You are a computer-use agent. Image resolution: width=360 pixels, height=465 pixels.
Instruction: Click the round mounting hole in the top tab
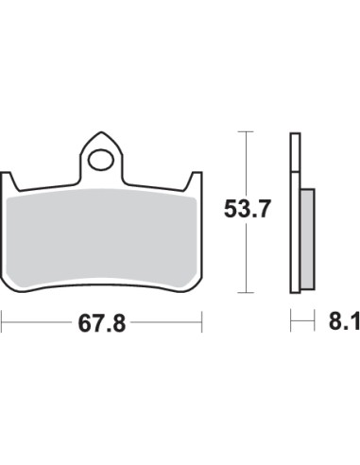point(100,160)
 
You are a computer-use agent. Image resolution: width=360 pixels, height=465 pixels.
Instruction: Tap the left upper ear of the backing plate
point(10,180)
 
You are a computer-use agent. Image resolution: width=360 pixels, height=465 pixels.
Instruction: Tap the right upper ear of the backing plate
point(196,180)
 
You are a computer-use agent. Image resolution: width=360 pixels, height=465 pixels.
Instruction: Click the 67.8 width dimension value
point(102,324)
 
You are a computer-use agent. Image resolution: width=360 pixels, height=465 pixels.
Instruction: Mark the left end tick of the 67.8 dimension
point(2,324)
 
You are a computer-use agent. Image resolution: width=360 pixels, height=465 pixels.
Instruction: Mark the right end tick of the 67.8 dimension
point(203,324)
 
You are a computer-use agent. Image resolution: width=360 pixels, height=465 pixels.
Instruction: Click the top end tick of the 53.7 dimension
point(248,132)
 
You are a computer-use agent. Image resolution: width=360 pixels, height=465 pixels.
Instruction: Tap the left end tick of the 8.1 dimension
point(289,324)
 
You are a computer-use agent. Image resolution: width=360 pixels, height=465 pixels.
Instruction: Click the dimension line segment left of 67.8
point(38,324)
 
